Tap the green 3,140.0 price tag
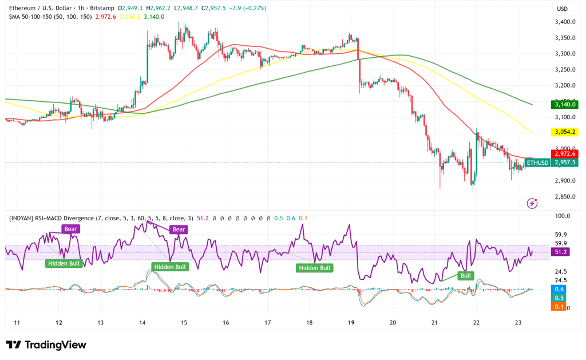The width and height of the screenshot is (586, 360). pos(563,104)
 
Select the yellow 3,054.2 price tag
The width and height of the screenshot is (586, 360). pos(563,132)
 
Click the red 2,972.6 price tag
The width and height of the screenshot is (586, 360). pos(563,153)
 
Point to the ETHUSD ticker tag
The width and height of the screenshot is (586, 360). pos(537,163)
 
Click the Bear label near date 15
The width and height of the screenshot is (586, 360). pos(179,230)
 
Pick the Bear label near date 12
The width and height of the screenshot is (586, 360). pos(72,229)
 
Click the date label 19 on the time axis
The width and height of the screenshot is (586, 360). pos(351,322)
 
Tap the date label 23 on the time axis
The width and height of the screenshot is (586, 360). pos(518,322)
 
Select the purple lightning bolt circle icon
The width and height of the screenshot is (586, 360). pos(533,203)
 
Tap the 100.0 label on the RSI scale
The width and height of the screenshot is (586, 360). pos(563,216)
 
